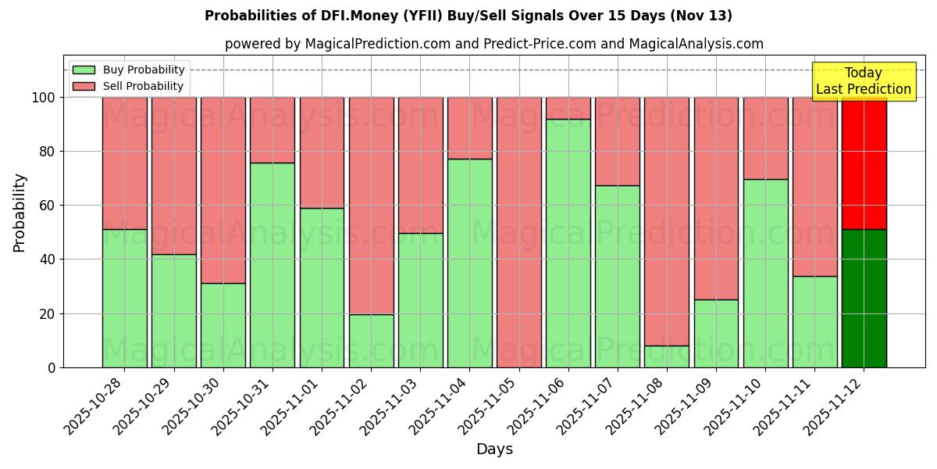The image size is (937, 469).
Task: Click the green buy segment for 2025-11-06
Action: click(568, 243)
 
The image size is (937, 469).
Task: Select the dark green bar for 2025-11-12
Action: click(864, 298)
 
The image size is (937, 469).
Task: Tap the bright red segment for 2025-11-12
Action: click(864, 163)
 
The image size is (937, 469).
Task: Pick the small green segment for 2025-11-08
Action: click(667, 356)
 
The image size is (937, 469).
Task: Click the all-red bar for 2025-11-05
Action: click(518, 232)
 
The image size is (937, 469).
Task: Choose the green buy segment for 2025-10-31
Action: click(273, 265)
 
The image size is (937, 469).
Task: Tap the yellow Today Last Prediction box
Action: click(864, 81)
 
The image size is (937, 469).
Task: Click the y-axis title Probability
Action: click(20, 213)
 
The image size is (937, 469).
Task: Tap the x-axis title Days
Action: click(494, 449)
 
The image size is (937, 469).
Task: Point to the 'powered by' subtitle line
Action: click(494, 44)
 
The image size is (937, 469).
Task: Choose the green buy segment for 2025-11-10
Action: click(765, 273)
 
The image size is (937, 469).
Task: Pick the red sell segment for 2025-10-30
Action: click(223, 190)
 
